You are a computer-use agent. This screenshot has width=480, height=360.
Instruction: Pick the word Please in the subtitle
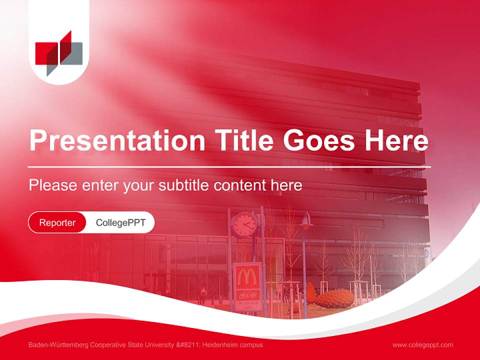pos(52,185)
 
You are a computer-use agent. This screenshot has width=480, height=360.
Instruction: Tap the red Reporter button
pos(57,222)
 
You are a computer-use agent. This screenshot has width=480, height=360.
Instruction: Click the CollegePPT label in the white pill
pos(120,222)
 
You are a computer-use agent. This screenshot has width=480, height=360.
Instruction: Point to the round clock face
pos(244,224)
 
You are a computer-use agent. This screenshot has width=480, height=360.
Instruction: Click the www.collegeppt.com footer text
pos(422,345)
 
